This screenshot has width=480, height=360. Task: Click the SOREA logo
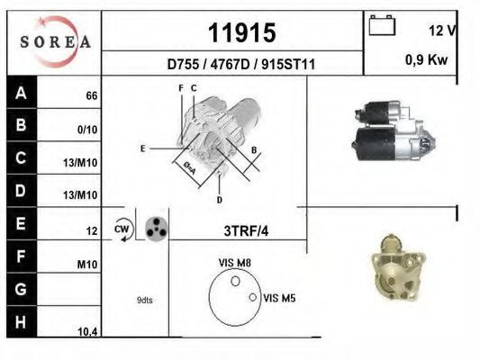point(56,41)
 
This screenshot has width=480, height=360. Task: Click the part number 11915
point(242,33)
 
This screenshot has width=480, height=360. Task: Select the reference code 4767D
point(231,65)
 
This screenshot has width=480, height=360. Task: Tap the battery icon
point(382,25)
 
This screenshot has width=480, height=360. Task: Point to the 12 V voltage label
point(442,31)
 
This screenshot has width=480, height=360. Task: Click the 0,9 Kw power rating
point(427,59)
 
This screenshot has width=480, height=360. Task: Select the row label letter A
point(21,93)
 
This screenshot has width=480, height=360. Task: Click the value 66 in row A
point(92,96)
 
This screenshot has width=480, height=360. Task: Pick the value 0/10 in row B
point(87,130)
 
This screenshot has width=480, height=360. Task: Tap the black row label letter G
point(21,289)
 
